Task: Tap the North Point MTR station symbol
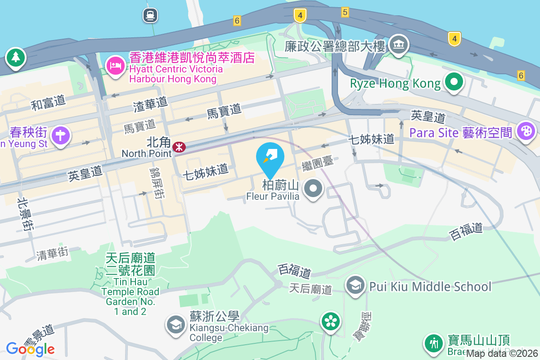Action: coord(179,147)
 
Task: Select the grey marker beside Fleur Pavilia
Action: coord(313,189)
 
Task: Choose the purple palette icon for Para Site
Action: coord(525,132)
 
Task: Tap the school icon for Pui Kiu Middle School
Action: coord(355,285)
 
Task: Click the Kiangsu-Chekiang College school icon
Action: coord(175,324)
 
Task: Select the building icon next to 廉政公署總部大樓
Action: coord(398,45)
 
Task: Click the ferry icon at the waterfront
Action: coord(150,15)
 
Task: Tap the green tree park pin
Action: coord(16,58)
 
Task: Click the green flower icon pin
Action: coord(331,321)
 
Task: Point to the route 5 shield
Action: coord(345,12)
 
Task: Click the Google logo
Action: coord(30,349)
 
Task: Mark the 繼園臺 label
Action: coord(318,163)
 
